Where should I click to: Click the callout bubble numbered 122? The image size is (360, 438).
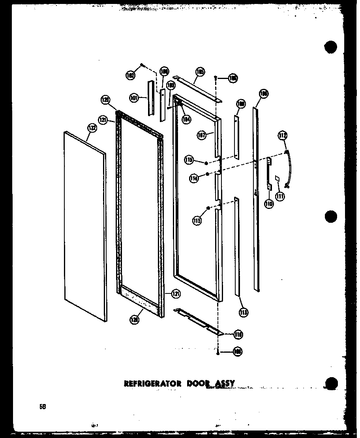coord(92,128)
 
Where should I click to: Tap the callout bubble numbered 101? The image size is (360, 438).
coord(134,97)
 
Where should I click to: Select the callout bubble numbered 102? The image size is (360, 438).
coord(130,75)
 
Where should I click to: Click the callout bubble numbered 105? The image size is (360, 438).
coord(200,72)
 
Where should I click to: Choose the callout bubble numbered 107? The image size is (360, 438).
coord(202,135)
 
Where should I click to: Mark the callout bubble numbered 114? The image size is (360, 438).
coord(193,178)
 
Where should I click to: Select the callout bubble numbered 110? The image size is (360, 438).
coord(269,204)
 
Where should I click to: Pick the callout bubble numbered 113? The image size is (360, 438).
coord(243,312)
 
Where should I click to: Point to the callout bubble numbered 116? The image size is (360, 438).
coord(238,335)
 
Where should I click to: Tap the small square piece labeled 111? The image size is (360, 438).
coord(277,179)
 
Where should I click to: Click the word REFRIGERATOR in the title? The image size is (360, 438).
coord(147,383)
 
